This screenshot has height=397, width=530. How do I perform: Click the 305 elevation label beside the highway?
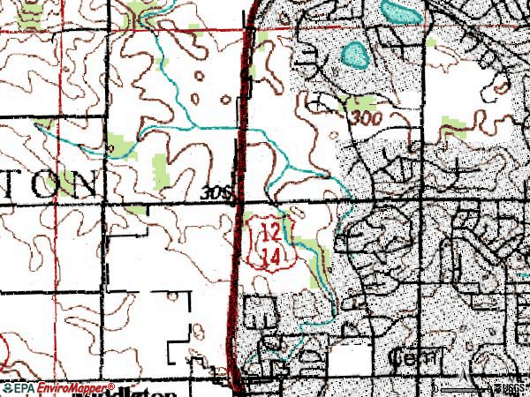click(216, 191)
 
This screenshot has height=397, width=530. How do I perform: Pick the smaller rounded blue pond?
click(355, 56)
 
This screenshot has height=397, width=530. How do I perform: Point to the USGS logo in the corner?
click(512, 388)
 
